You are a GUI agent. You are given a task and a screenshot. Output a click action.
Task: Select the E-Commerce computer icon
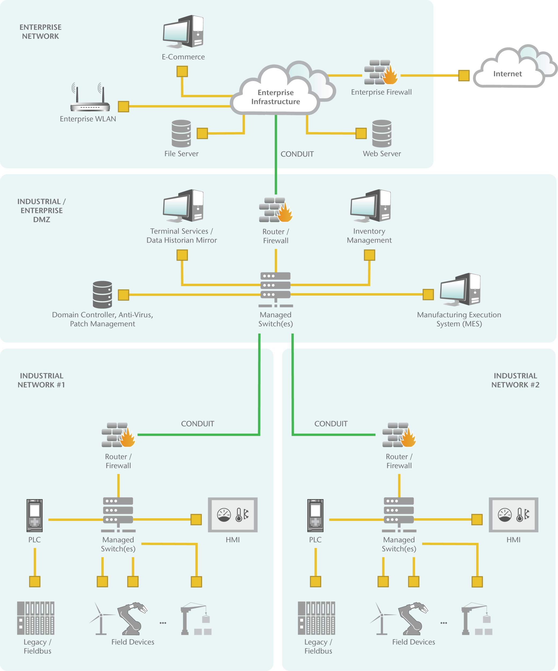click(183, 31)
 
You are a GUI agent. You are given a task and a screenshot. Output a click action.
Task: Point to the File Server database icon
click(181, 134)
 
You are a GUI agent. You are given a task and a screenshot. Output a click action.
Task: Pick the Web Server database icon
click(382, 134)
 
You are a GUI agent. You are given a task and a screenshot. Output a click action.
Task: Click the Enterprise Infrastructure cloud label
click(275, 97)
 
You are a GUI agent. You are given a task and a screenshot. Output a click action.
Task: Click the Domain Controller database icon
click(102, 295)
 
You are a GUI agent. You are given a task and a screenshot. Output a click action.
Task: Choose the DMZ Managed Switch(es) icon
click(275, 289)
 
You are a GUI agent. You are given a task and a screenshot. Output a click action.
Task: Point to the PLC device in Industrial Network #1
click(35, 515)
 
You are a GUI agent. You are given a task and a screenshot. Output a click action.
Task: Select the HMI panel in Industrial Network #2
click(513, 515)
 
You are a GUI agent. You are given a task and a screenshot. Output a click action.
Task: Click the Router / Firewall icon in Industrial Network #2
click(399, 435)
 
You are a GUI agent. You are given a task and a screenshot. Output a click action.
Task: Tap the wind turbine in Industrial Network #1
click(101, 618)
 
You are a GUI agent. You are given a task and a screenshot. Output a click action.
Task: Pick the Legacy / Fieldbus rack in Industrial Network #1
click(36, 618)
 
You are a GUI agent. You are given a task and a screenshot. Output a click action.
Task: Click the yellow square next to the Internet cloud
click(464, 76)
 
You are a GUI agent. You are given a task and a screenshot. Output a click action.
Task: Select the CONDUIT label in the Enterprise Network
click(297, 154)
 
